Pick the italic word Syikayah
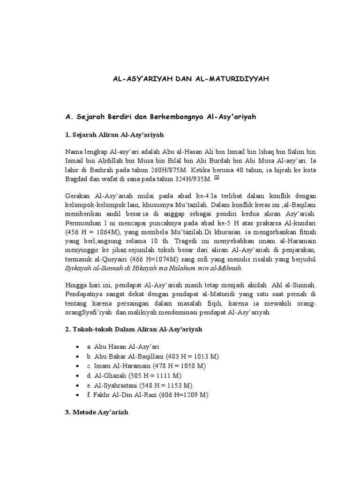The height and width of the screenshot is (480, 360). [78, 268]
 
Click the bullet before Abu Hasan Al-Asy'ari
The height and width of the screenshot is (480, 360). [77, 347]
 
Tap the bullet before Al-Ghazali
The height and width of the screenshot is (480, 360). [77, 375]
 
